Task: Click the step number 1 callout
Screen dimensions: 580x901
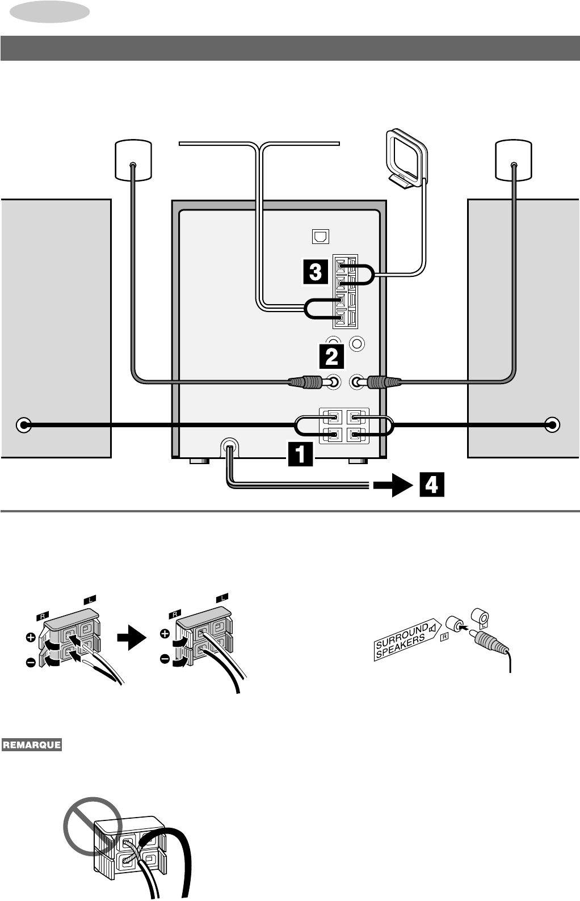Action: pyautogui.click(x=300, y=454)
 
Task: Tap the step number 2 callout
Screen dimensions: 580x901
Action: pyautogui.click(x=331, y=356)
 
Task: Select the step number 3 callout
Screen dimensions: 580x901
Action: pyautogui.click(x=316, y=272)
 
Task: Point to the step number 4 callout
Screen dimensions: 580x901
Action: pyautogui.click(x=431, y=485)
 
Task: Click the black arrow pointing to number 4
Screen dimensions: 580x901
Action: pyautogui.click(x=393, y=485)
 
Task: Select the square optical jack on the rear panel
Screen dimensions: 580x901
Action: pyautogui.click(x=321, y=237)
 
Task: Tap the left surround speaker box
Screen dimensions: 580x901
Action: pyautogui.click(x=133, y=160)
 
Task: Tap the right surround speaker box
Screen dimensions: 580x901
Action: pyautogui.click(x=514, y=160)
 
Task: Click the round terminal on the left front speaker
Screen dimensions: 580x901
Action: pyautogui.click(x=24, y=425)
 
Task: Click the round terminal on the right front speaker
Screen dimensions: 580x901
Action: pyautogui.click(x=552, y=425)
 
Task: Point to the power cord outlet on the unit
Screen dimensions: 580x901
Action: pyautogui.click(x=230, y=447)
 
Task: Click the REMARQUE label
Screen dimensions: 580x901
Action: pyautogui.click(x=32, y=745)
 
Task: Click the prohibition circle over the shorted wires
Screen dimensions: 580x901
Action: pyautogui.click(x=93, y=827)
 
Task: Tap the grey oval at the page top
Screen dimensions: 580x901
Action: pyautogui.click(x=49, y=12)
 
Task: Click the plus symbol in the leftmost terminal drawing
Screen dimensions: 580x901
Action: pyautogui.click(x=31, y=638)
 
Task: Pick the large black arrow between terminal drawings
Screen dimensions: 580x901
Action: pyautogui.click(x=132, y=637)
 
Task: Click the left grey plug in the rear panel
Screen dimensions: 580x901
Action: pyautogui.click(x=306, y=382)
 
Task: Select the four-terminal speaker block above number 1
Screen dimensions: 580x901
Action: pyautogui.click(x=344, y=426)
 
